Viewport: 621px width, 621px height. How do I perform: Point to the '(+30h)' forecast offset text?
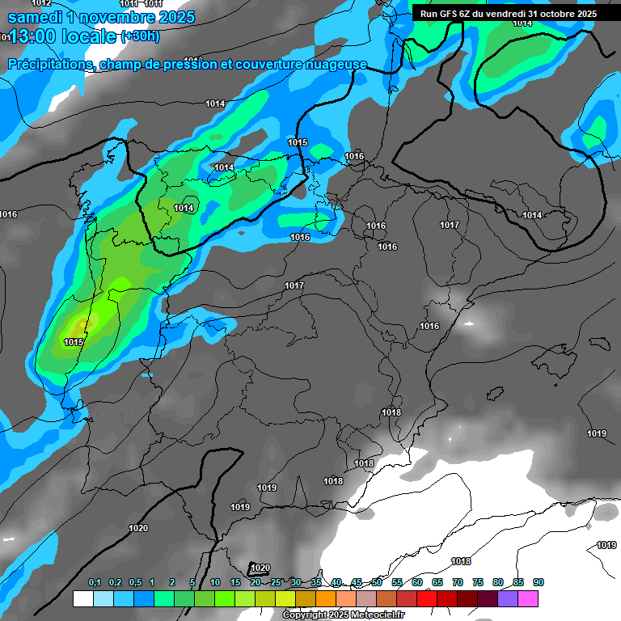point(140,36)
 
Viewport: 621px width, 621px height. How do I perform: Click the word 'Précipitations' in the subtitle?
point(50,64)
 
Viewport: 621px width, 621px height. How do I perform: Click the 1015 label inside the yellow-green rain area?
point(74,342)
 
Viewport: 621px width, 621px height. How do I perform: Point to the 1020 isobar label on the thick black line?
point(138,528)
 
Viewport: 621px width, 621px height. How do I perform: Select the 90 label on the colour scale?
point(538,583)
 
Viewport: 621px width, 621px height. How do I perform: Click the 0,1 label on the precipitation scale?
point(94,583)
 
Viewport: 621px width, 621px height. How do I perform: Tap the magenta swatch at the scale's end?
point(528,598)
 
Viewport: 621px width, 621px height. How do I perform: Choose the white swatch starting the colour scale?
point(82,598)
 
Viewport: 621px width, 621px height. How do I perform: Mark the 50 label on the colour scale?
point(377,583)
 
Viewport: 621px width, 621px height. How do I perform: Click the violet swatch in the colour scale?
point(508,598)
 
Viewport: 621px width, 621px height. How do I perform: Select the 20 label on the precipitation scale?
point(256,583)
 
